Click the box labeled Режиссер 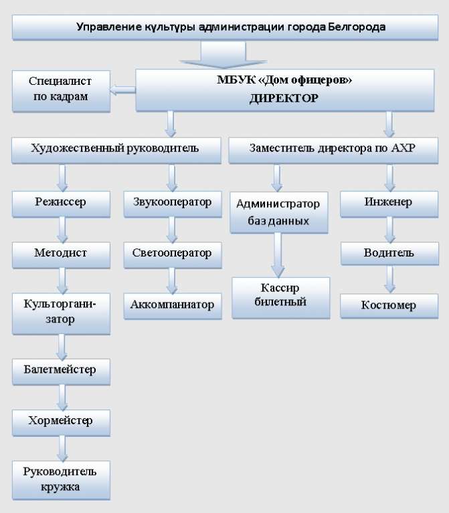coord(62,204)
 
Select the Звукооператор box coord(173,204)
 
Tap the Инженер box coord(389,204)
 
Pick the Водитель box coord(389,253)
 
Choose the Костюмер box coord(389,306)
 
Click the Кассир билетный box coord(281,298)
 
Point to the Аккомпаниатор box coord(173,306)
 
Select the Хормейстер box coord(62,423)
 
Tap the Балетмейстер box coord(62,371)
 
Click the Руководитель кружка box coord(62,480)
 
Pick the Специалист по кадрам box coord(62,92)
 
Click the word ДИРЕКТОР coord(284,98)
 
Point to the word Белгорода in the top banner coord(357,27)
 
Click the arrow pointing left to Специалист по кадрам coord(122,90)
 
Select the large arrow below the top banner coord(223,55)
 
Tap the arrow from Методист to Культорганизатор coord(62,281)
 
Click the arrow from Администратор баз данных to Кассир coord(278,255)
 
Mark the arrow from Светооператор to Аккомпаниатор coord(172,281)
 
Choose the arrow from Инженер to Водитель coord(389,230)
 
